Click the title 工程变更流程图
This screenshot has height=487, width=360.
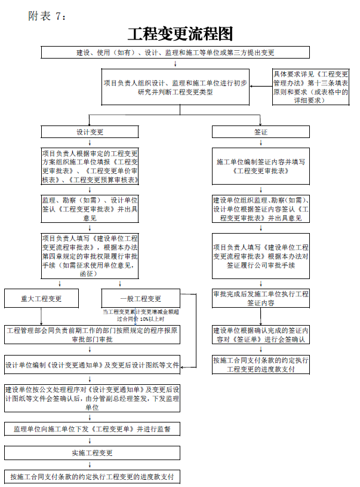[x=180, y=33]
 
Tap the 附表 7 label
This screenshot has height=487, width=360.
[x=47, y=16]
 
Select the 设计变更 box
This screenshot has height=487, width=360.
[x=90, y=131]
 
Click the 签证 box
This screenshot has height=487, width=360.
[x=260, y=131]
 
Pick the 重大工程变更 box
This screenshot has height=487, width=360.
[x=41, y=298]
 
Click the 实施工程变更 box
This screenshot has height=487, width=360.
[x=92, y=452]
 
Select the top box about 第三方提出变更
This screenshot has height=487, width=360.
[x=175, y=53]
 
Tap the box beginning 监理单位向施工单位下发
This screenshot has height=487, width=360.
[x=92, y=429]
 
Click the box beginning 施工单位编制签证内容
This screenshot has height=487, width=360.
[x=260, y=166]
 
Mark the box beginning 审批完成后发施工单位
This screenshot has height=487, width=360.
[x=260, y=298]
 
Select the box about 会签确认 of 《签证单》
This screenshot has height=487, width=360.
[x=260, y=335]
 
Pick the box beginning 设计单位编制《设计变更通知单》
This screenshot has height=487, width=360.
[x=92, y=365]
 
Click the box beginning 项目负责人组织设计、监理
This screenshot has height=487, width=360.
[x=175, y=87]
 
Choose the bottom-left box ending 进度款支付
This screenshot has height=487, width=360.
[x=92, y=476]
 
